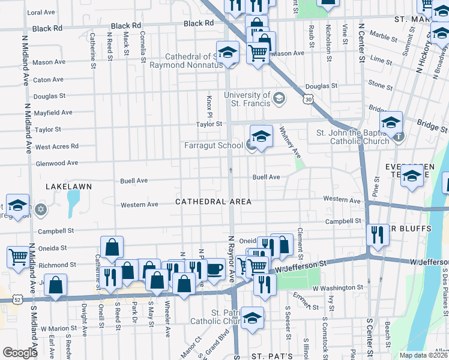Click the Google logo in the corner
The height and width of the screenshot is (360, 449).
[20, 352]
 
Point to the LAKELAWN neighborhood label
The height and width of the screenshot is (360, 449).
[69, 187]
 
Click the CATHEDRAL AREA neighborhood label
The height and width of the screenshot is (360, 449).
[213, 202]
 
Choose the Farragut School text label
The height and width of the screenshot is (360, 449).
[214, 145]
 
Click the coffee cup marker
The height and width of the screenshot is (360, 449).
[214, 270]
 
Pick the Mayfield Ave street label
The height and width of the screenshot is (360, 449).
[53, 112]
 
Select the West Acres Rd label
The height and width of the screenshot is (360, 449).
[57, 146]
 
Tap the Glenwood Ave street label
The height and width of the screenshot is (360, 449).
[57, 163]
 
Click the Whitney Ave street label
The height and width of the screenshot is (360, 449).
[289, 145]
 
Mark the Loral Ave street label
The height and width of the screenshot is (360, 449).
[41, 12]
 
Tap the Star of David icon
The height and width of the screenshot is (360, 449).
[41, 209]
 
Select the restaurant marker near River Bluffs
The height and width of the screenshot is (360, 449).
[378, 235]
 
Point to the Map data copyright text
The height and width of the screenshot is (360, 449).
[423, 355]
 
